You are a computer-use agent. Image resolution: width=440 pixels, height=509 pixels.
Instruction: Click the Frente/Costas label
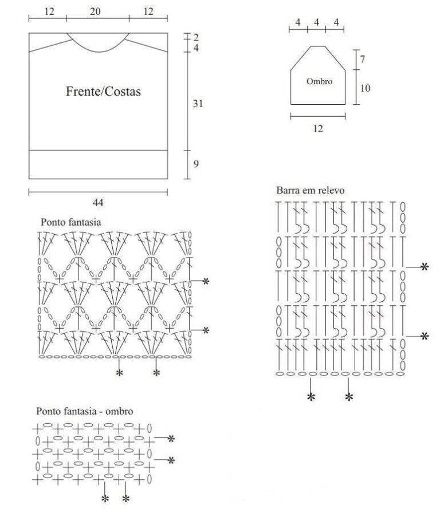coord(103,91)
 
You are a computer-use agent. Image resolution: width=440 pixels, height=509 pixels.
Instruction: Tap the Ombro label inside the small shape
coord(319,81)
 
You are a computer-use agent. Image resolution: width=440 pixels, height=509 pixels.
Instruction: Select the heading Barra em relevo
coord(310,190)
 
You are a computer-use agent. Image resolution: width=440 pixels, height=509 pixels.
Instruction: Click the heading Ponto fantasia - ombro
coord(84,411)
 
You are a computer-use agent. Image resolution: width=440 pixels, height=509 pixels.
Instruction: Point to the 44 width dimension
coord(98,203)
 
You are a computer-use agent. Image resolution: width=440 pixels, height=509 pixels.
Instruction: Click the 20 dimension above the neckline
coord(95,11)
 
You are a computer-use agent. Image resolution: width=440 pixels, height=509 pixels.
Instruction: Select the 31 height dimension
coord(198,104)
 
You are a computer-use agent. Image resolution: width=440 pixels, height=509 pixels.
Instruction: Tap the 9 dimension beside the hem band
coord(196,164)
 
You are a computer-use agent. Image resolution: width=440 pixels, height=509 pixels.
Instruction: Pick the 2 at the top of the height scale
coord(196,38)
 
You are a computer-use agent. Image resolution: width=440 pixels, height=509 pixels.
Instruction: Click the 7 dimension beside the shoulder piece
coord(363,60)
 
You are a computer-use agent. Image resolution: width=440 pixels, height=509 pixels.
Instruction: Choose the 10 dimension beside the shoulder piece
coord(365,88)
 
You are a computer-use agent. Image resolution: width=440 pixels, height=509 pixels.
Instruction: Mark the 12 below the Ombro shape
coord(318,129)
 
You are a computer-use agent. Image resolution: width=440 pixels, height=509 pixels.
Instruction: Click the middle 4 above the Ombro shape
coord(316,22)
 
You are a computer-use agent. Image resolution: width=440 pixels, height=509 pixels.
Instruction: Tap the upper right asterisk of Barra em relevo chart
coord(425,267)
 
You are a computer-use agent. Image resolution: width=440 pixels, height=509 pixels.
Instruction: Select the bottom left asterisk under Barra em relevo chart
coord(311,397)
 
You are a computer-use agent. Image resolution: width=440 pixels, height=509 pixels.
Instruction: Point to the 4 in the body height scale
coord(196,48)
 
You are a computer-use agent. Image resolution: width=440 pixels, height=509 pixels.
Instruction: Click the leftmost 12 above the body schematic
coord(49,11)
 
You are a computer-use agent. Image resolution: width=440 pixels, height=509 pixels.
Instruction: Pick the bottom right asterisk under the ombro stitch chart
coord(125,499)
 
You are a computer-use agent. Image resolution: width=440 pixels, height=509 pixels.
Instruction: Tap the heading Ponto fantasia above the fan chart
coord(71,222)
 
